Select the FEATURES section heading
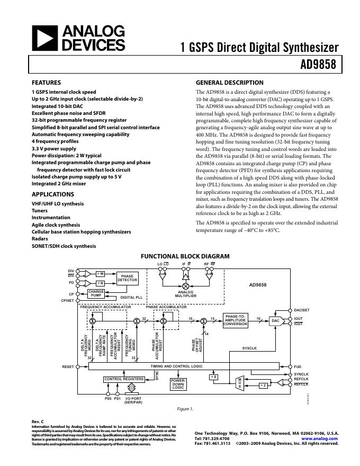coord(46,83)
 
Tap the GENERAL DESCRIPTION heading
coord(229,83)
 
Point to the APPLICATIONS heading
coord(52,194)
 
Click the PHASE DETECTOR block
coord(127,278)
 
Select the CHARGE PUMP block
coord(96,293)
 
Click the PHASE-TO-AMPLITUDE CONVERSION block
coord(236,320)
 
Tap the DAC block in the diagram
coord(275,320)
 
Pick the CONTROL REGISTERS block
coord(124,379)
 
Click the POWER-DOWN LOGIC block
coord(178,384)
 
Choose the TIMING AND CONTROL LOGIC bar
coord(176,366)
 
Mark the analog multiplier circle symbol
coord(186,286)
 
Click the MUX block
coord(239,383)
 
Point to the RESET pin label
coord(68,366)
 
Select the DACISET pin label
coord(302,309)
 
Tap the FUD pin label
coord(298,366)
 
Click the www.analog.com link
coord(319,439)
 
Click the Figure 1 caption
coord(185,409)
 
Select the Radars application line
coord(40,239)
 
